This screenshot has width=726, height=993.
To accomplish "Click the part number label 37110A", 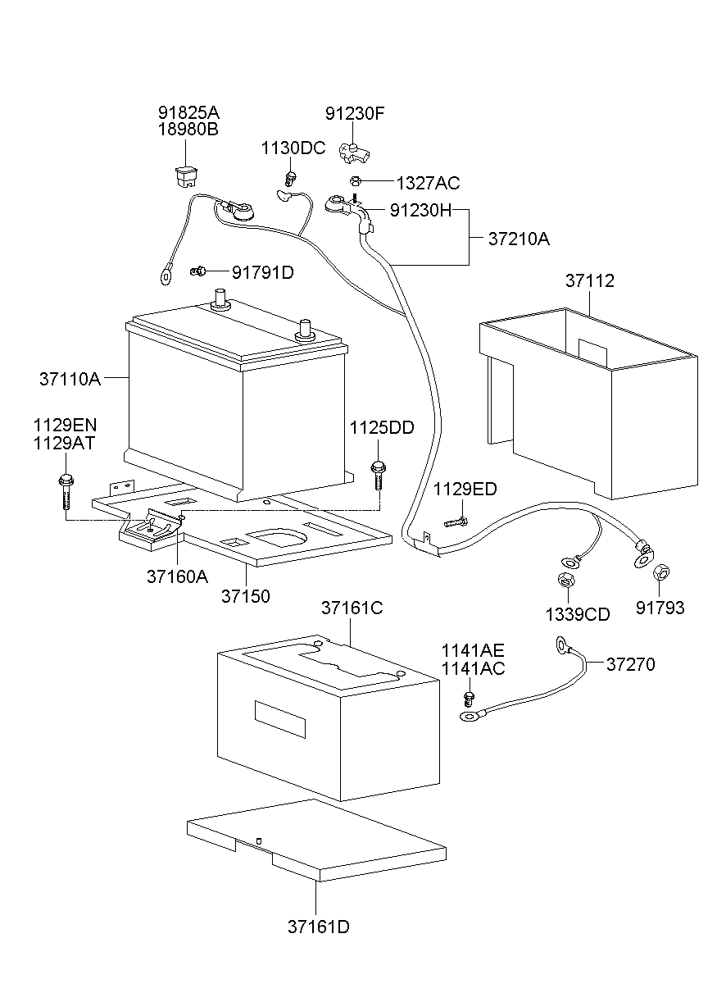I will pos(69,378).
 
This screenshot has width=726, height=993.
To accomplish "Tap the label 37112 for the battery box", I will pos(588,281).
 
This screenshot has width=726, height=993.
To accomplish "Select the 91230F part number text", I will pos(354,114).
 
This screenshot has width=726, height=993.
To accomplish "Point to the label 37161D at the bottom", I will pos(318,927).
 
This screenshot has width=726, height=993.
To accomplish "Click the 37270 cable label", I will pos(630,664).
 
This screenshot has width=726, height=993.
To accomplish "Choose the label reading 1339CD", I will pos(577,614).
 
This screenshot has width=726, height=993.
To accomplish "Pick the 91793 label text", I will pos(660,608).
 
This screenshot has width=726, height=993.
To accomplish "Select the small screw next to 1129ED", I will pos(456,522).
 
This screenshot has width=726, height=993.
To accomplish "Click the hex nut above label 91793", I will pos(660,571).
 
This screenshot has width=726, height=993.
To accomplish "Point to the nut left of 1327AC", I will pos(355,181).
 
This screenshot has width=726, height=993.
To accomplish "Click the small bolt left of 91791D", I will pos(197,271).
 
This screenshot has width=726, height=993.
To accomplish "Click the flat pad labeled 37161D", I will pos(315,838).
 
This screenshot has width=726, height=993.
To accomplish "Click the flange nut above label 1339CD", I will pos(564,581).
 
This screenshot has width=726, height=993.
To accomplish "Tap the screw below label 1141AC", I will pos(469,698).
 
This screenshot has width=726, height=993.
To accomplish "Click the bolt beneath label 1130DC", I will pos(289,176).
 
